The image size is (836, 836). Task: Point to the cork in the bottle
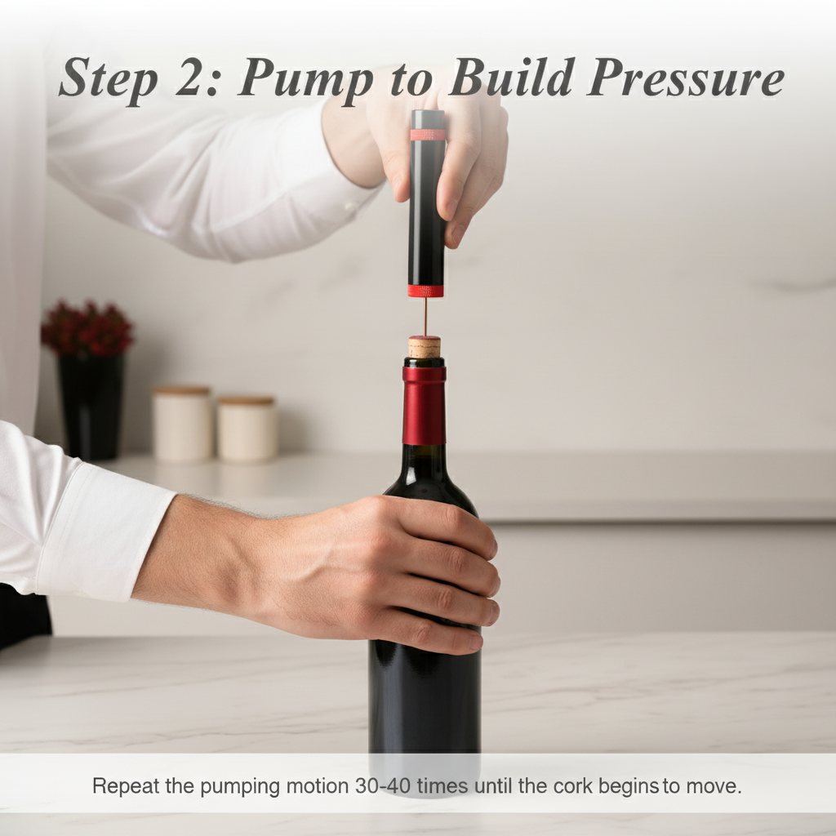[x=425, y=346]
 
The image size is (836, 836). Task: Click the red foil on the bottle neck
[x=424, y=405]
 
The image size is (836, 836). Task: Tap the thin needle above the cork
[x=425, y=317]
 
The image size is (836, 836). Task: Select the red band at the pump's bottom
[x=425, y=291]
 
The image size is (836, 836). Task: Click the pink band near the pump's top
[x=428, y=135]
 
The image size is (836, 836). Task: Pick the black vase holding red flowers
[x=91, y=406]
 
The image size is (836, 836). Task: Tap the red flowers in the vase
[x=87, y=328]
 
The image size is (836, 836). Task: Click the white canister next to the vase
[x=182, y=424]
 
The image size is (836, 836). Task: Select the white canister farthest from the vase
[x=247, y=428]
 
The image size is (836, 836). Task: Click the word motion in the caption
[x=318, y=786]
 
